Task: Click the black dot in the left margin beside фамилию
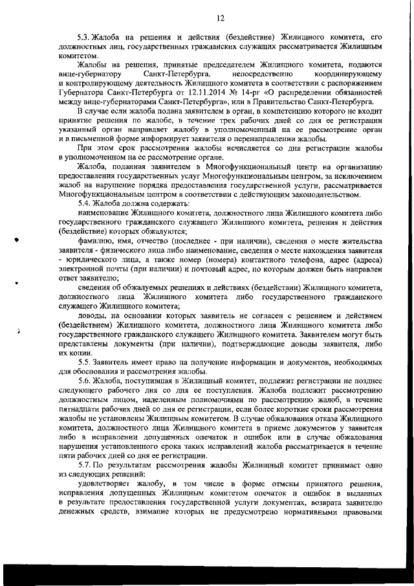pos(16,239)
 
